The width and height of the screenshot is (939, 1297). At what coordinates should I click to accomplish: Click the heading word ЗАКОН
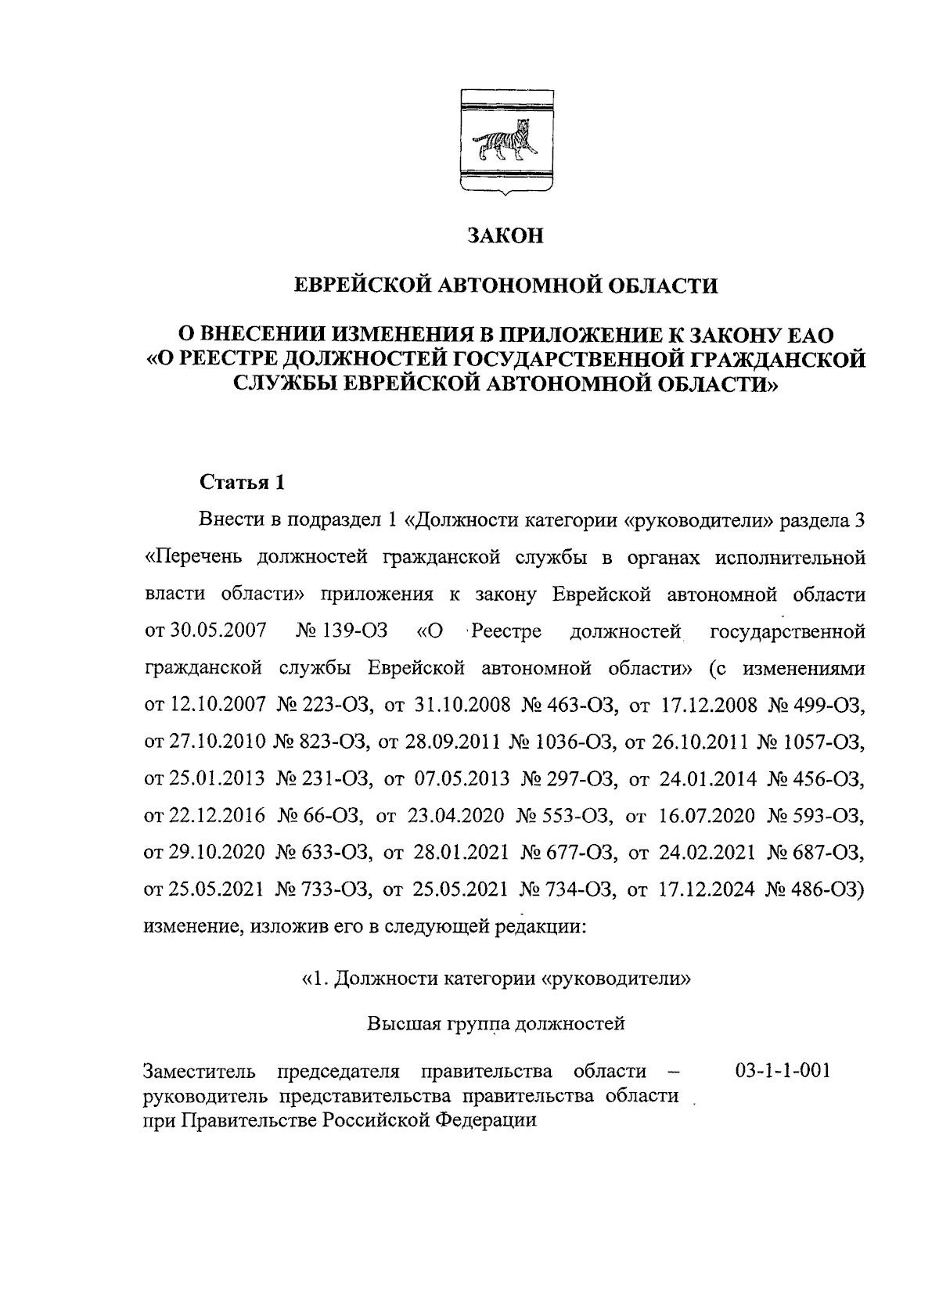pos(505,236)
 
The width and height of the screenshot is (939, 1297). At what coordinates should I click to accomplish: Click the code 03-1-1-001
pos(782,1070)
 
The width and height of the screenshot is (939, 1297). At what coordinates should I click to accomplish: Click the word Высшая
pos(402,1023)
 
